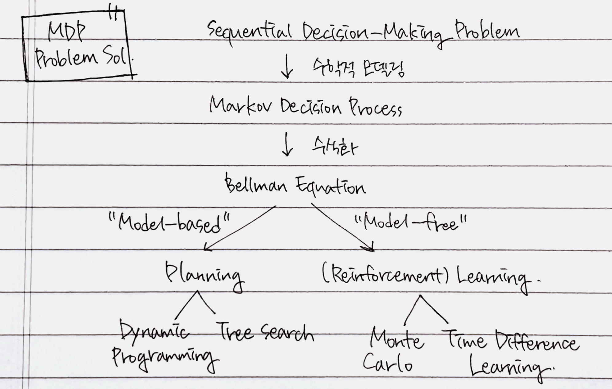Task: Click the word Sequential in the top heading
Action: (x=249, y=32)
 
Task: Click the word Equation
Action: (x=331, y=186)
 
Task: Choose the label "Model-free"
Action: (x=410, y=223)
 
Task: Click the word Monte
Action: (x=397, y=339)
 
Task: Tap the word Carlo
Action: (x=387, y=364)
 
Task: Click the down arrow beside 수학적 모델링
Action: (x=287, y=66)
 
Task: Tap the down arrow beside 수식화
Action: (x=287, y=144)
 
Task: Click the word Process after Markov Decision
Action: (x=375, y=108)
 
